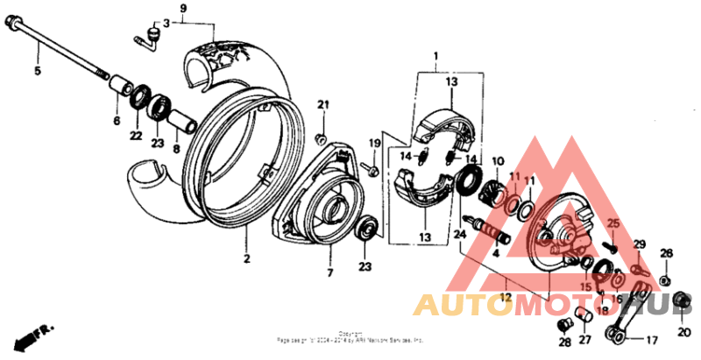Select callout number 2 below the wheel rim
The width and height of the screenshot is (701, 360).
click(247, 258)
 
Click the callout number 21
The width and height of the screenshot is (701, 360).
click(322, 106)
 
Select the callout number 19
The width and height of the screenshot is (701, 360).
click(373, 143)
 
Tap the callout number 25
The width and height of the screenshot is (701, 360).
click(613, 224)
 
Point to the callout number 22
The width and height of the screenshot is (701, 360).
click(136, 137)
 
